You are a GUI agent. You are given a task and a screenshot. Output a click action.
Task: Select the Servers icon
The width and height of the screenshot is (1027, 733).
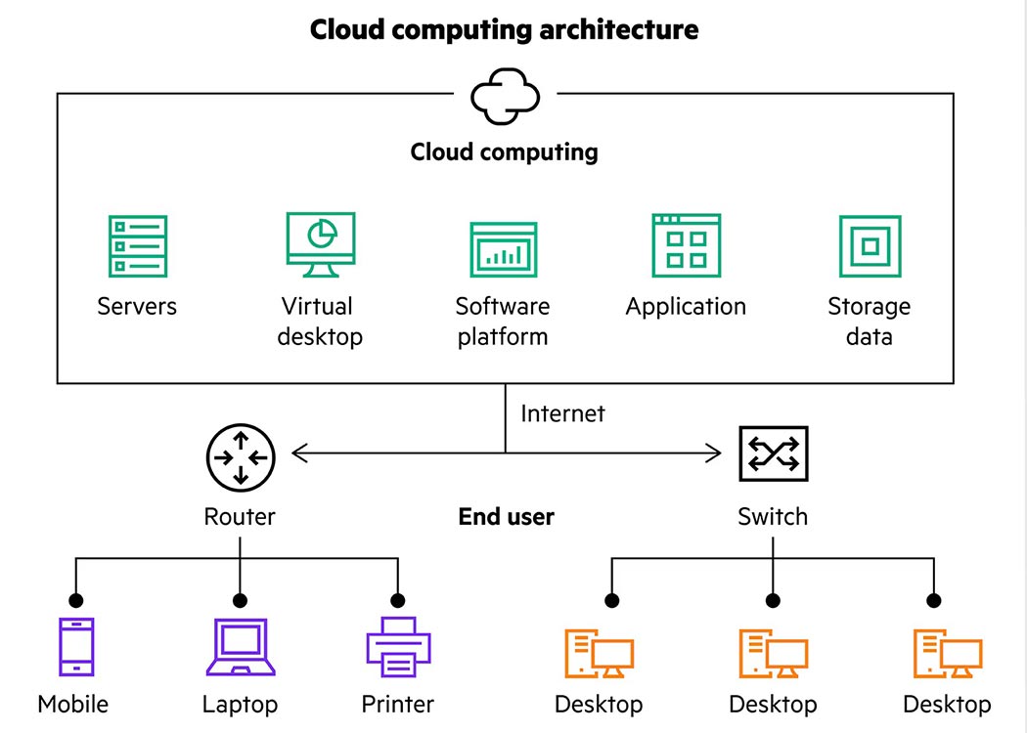[137, 245]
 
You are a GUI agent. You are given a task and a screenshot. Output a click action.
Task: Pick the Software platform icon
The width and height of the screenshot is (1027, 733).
[503, 249]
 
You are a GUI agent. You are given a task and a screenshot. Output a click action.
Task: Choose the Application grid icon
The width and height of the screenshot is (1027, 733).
[686, 245]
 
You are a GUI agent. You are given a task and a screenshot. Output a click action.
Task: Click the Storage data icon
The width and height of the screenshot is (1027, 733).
[870, 246]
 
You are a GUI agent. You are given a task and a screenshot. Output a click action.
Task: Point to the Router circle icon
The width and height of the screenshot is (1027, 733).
[241, 455]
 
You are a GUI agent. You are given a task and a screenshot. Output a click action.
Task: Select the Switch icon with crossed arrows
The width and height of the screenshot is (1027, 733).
[773, 453]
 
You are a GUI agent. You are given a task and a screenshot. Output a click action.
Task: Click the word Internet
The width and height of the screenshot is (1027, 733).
[562, 413]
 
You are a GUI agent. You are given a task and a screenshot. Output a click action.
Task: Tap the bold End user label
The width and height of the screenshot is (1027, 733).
[506, 516]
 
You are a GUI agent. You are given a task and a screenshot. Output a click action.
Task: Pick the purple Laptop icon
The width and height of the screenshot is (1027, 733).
[240, 646]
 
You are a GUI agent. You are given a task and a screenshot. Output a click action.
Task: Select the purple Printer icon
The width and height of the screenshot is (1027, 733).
[398, 646]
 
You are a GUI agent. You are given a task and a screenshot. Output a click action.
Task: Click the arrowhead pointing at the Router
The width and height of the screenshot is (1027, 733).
[298, 453]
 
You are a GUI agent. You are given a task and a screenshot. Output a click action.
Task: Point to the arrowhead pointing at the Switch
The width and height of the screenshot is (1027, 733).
[713, 453]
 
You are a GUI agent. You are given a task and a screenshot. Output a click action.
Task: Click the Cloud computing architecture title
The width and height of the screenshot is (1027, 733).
[504, 29]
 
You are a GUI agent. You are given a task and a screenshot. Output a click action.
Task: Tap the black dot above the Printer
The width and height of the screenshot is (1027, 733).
[397, 600]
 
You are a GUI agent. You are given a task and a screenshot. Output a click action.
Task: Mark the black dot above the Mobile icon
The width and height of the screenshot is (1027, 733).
[75, 600]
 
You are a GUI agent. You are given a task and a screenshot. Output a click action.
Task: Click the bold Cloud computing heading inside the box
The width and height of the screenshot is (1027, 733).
[504, 152]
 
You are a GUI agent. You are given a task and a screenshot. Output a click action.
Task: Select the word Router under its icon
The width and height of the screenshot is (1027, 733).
[240, 516]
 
